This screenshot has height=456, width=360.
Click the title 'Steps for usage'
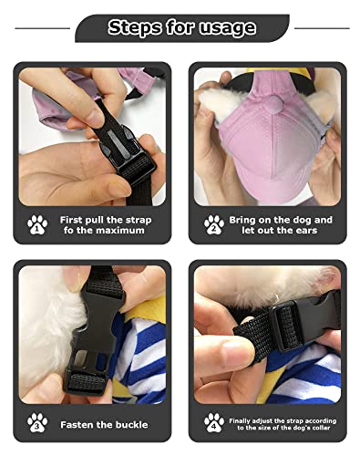tap(181, 27)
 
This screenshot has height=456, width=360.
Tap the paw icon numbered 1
tap(37, 223)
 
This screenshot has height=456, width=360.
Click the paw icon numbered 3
tap(37, 422)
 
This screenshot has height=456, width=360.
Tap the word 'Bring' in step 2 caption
tap(247, 220)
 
